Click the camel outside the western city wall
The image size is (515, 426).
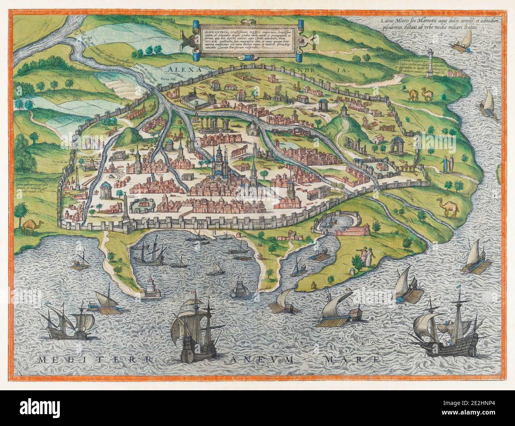30,226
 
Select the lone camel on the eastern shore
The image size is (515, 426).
448,208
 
